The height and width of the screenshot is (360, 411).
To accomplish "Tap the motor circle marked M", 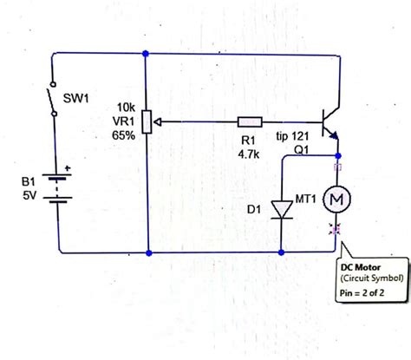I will (x=336, y=200).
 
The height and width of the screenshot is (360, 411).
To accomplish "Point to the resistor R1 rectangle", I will (x=250, y=122).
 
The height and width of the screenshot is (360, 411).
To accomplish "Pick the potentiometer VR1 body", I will (x=148, y=122).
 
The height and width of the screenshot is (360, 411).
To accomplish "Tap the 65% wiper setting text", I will (x=122, y=135).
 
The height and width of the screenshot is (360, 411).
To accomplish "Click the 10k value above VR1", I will (x=124, y=108).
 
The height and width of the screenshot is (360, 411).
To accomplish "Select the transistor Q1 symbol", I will (x=328, y=122).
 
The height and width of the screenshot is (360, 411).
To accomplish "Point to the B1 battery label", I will (x=28, y=182).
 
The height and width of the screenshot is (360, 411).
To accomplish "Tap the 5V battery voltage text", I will (x=28, y=196).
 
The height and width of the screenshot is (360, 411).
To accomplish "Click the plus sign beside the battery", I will (x=65, y=167).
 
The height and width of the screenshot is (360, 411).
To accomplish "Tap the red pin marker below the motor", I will (x=336, y=230).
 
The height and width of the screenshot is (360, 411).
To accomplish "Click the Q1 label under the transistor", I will (x=302, y=150).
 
